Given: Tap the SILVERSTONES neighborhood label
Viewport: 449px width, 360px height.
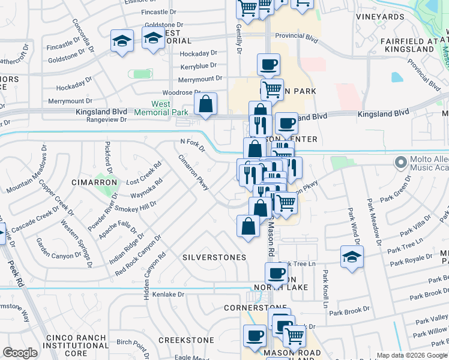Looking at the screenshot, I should (x=214, y=257).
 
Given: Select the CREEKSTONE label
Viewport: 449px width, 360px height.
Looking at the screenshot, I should (x=186, y=340).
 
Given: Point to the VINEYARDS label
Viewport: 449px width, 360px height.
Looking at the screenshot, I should (x=380, y=17).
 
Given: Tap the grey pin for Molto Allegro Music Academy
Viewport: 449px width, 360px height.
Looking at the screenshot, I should (x=400, y=162).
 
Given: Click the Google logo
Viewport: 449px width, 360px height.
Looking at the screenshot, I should (x=20, y=353).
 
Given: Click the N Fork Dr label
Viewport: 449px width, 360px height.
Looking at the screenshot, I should (x=193, y=145).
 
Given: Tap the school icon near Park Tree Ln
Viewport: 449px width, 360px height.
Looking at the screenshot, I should (x=352, y=256).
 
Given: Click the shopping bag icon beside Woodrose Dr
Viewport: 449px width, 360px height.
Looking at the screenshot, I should (x=206, y=104).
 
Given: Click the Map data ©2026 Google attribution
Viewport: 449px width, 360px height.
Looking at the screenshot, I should (x=411, y=355).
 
